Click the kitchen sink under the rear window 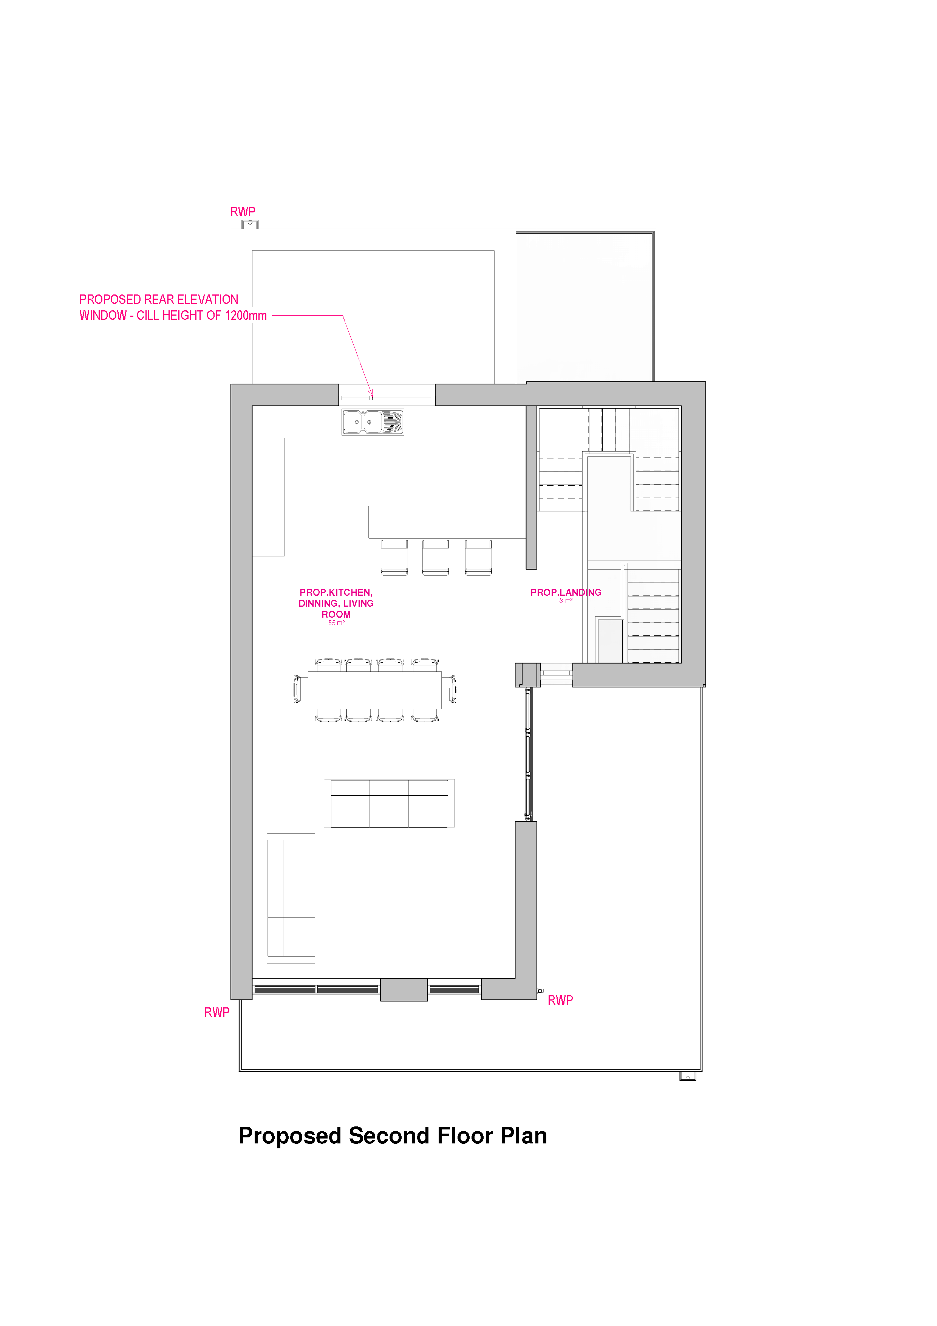coord(373,422)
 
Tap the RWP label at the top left coord(243,212)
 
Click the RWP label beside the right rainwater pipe coord(560,1000)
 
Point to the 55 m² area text coord(336,623)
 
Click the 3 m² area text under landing coord(565,601)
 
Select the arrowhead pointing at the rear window coord(372,395)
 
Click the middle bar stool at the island coord(435,557)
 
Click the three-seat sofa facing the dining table coord(389,803)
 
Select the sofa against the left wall coord(291,898)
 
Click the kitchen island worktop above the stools coord(446,522)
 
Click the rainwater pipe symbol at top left coord(249,225)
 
